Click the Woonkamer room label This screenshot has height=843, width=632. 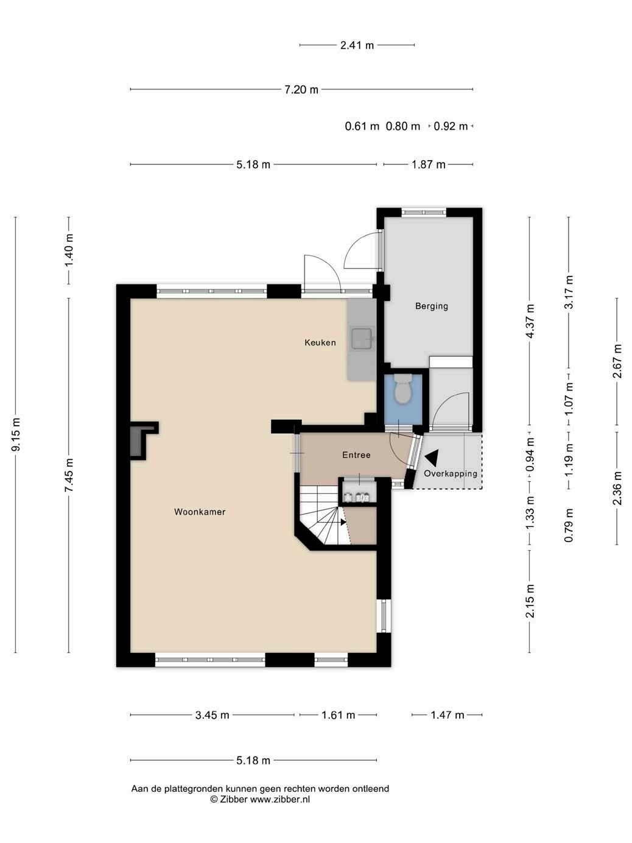click(200, 512)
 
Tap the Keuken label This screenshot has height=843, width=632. click(320, 342)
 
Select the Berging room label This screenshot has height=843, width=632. click(431, 306)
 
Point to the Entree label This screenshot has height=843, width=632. click(356, 455)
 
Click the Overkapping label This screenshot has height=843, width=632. click(450, 474)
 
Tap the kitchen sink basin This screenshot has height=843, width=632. click(362, 339)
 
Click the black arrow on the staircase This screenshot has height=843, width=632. click(342, 522)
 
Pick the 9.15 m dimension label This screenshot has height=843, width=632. click(16, 434)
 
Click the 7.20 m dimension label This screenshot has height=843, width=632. click(301, 90)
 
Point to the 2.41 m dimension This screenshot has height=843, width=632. click(357, 45)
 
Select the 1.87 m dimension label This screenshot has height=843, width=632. click(428, 164)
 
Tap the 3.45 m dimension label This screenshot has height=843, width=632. click(212, 715)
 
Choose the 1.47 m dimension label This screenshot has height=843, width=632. click(448, 715)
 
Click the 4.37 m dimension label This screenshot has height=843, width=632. click(530, 321)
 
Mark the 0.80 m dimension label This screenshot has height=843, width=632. click(403, 126)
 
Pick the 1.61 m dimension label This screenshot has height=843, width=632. click(338, 715)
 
